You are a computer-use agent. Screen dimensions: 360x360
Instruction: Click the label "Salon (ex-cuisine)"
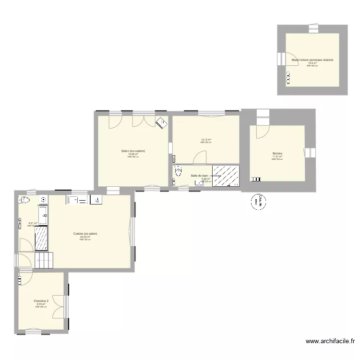(x=133, y=151)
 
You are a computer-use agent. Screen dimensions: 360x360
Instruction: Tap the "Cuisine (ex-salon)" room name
(x=85, y=234)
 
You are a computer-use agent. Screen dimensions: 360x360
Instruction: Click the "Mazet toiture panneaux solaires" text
(x=312, y=60)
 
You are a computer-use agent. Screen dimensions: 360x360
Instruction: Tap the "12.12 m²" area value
(x=206, y=140)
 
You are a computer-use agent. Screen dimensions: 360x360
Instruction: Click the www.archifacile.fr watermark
(x=330, y=342)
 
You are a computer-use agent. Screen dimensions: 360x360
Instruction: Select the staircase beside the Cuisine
(x=46, y=260)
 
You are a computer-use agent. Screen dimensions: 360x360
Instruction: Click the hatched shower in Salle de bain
(x=226, y=175)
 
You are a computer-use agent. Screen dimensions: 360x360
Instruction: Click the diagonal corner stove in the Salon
(x=161, y=123)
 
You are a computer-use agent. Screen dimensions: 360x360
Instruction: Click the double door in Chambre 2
(x=59, y=306)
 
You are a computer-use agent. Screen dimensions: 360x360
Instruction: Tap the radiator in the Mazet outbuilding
(x=288, y=77)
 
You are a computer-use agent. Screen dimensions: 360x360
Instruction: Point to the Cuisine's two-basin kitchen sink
(x=77, y=200)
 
